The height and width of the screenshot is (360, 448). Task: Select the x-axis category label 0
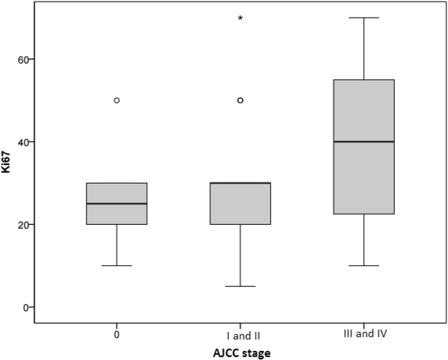(x=116, y=335)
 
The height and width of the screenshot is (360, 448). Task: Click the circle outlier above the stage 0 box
(x=117, y=100)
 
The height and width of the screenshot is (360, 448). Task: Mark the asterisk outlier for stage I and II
(x=240, y=18)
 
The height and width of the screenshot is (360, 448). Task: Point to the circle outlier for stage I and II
(x=240, y=100)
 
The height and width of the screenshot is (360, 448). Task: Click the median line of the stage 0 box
(x=117, y=204)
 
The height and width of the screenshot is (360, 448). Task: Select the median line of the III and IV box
(x=364, y=142)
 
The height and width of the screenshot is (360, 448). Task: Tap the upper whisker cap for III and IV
(x=364, y=17)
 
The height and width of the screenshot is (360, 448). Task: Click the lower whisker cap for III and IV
(x=364, y=265)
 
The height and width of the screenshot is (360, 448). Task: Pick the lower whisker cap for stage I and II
(x=240, y=286)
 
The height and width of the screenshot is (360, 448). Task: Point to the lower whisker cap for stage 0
(x=117, y=265)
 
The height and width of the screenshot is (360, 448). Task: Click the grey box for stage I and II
(x=240, y=205)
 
